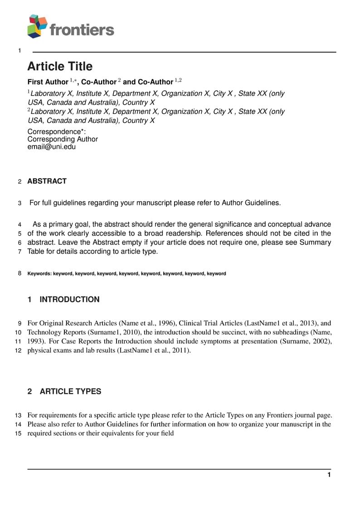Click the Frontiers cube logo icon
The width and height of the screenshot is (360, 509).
click(x=38, y=26)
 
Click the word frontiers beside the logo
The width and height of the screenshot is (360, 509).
click(x=82, y=30)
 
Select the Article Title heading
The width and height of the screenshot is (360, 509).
click(x=60, y=67)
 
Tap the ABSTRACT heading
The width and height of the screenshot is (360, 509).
click(x=47, y=181)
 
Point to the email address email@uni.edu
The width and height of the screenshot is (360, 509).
click(x=51, y=147)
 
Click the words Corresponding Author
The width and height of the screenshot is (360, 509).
click(x=63, y=139)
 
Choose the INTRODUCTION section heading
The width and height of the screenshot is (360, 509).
click(x=69, y=300)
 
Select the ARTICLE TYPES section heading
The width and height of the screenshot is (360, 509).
click(x=70, y=392)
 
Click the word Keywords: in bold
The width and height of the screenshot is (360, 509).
click(x=39, y=274)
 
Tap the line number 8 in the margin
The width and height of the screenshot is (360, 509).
click(x=19, y=273)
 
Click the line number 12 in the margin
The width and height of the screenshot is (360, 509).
click(x=19, y=351)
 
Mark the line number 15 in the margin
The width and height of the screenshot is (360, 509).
click(x=19, y=434)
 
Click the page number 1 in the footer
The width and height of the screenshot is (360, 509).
click(x=329, y=475)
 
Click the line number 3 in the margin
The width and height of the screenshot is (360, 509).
click(x=19, y=203)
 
